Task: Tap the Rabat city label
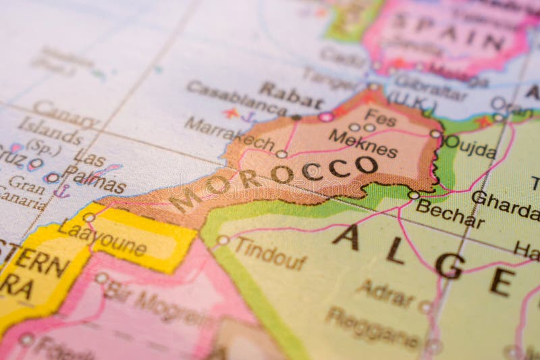pyautogui.click(x=291, y=96)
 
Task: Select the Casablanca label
pyautogui.click(x=236, y=98)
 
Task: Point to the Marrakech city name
pyautogui.click(x=230, y=134)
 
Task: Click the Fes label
pyautogui.click(x=381, y=118)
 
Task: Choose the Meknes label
pyautogui.click(x=363, y=143)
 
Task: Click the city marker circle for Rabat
pyautogui.click(x=326, y=117)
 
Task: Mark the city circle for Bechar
pyautogui.click(x=413, y=195)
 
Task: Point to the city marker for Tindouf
pyautogui.click(x=223, y=240)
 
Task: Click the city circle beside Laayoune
pyautogui.click(x=88, y=217)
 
